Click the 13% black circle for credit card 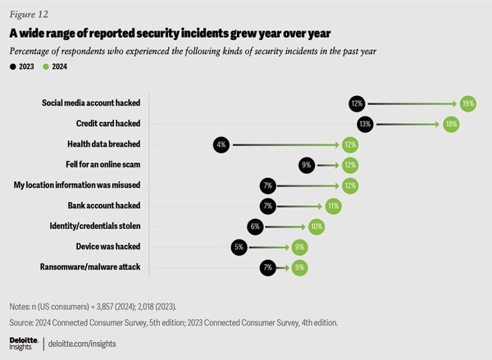tap(365, 124)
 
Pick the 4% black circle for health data tap(220, 144)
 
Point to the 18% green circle tap(450, 124)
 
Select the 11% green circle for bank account tap(333, 204)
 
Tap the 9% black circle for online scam tap(307, 164)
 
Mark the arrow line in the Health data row tap(279, 144)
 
